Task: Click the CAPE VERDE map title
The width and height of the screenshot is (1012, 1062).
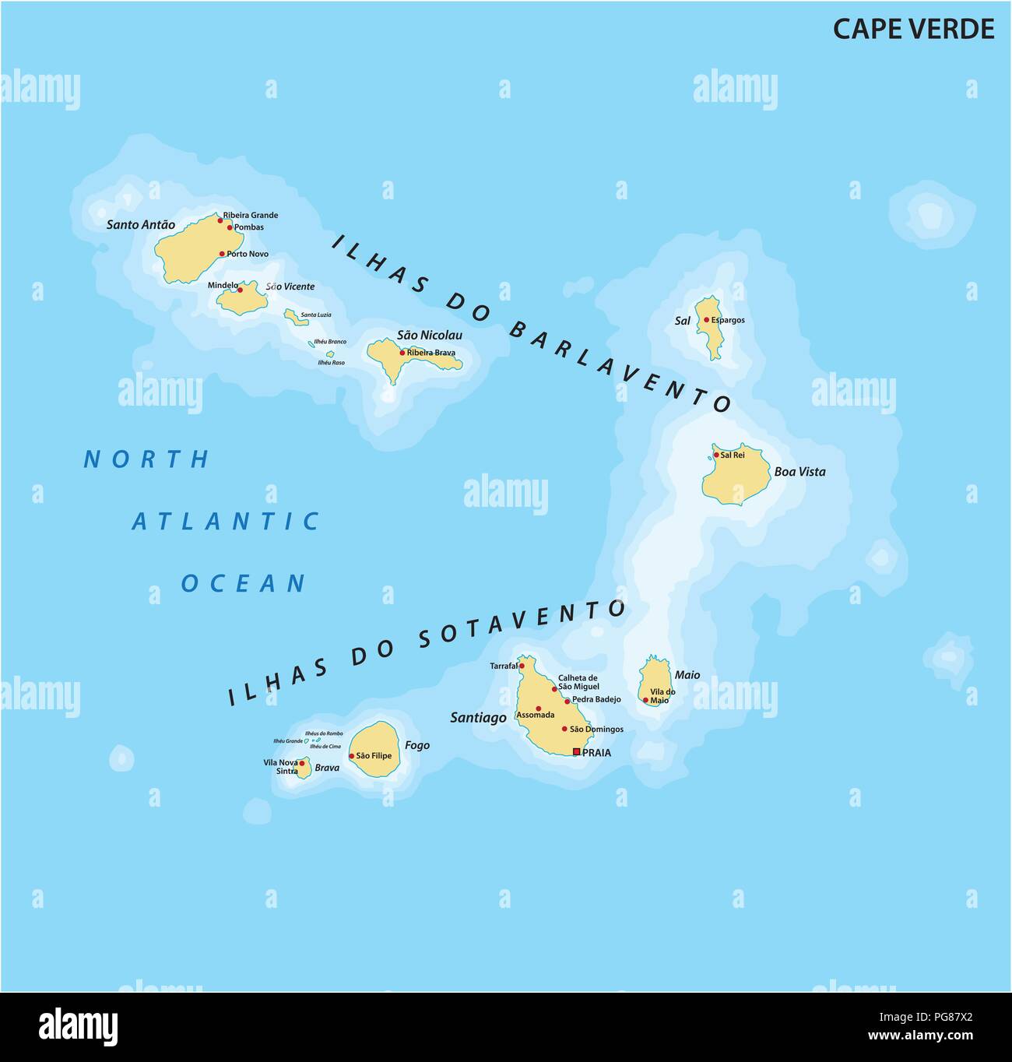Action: coord(913,29)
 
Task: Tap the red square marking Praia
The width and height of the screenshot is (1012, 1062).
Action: coord(576,752)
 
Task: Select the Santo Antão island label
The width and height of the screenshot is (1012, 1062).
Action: coord(141,225)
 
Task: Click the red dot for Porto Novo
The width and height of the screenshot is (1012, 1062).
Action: coord(222,254)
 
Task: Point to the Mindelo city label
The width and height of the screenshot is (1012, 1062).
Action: coord(223,286)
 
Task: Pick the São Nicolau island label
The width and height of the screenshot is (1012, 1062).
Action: coord(430,336)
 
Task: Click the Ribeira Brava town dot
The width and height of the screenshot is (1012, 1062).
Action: coord(402,353)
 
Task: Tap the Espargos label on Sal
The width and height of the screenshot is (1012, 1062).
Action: coord(728,320)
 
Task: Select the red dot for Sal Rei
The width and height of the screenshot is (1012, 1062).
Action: coord(716,455)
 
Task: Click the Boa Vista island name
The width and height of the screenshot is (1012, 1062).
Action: coord(799,472)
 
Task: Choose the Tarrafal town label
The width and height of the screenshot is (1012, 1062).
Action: coord(503,666)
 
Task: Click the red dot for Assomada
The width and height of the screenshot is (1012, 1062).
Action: coord(538,709)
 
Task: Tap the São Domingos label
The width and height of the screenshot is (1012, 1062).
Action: coord(596,730)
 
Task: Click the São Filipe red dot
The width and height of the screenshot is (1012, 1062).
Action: coord(352,756)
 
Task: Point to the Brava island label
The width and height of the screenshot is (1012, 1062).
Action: coord(327,768)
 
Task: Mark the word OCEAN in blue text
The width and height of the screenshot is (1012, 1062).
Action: coord(244,583)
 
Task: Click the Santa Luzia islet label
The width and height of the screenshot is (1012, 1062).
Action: coord(316,315)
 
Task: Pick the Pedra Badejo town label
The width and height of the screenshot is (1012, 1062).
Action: coord(596,700)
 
